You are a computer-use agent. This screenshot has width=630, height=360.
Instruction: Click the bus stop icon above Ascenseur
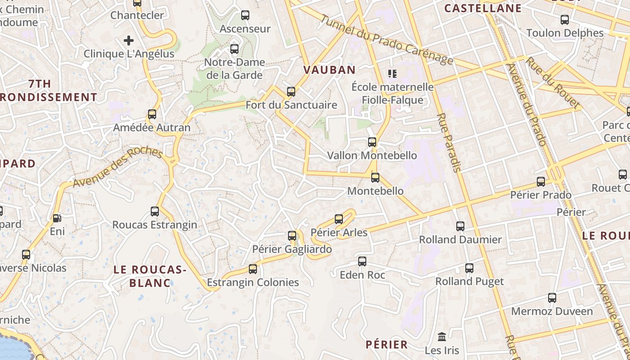[245, 15]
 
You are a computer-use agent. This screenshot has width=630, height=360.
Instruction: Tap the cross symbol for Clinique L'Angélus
[129, 41]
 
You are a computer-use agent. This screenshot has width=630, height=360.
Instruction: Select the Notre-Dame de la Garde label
[234, 68]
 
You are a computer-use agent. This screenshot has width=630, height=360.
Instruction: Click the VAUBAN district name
[329, 70]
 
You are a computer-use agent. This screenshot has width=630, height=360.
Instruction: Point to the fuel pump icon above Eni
[57, 218]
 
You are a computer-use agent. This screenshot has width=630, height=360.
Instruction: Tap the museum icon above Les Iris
[442, 337]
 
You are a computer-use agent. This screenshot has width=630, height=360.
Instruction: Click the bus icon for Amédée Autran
[152, 114]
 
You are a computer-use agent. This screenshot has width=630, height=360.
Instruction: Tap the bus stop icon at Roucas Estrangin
[155, 211]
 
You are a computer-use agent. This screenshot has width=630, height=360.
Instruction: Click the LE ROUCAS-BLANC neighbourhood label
[150, 276]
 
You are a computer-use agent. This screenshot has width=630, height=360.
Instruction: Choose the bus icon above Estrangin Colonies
[253, 269]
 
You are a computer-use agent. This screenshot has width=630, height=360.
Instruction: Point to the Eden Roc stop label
[363, 274]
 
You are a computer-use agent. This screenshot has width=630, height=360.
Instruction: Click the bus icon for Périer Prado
[541, 182]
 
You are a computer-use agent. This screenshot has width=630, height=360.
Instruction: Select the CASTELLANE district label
[483, 8]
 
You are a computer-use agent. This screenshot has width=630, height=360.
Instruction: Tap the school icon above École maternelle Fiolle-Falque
[392, 73]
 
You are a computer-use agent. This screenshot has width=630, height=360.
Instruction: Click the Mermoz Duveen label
[552, 311]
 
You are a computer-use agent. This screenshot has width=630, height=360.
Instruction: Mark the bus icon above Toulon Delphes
[565, 20]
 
